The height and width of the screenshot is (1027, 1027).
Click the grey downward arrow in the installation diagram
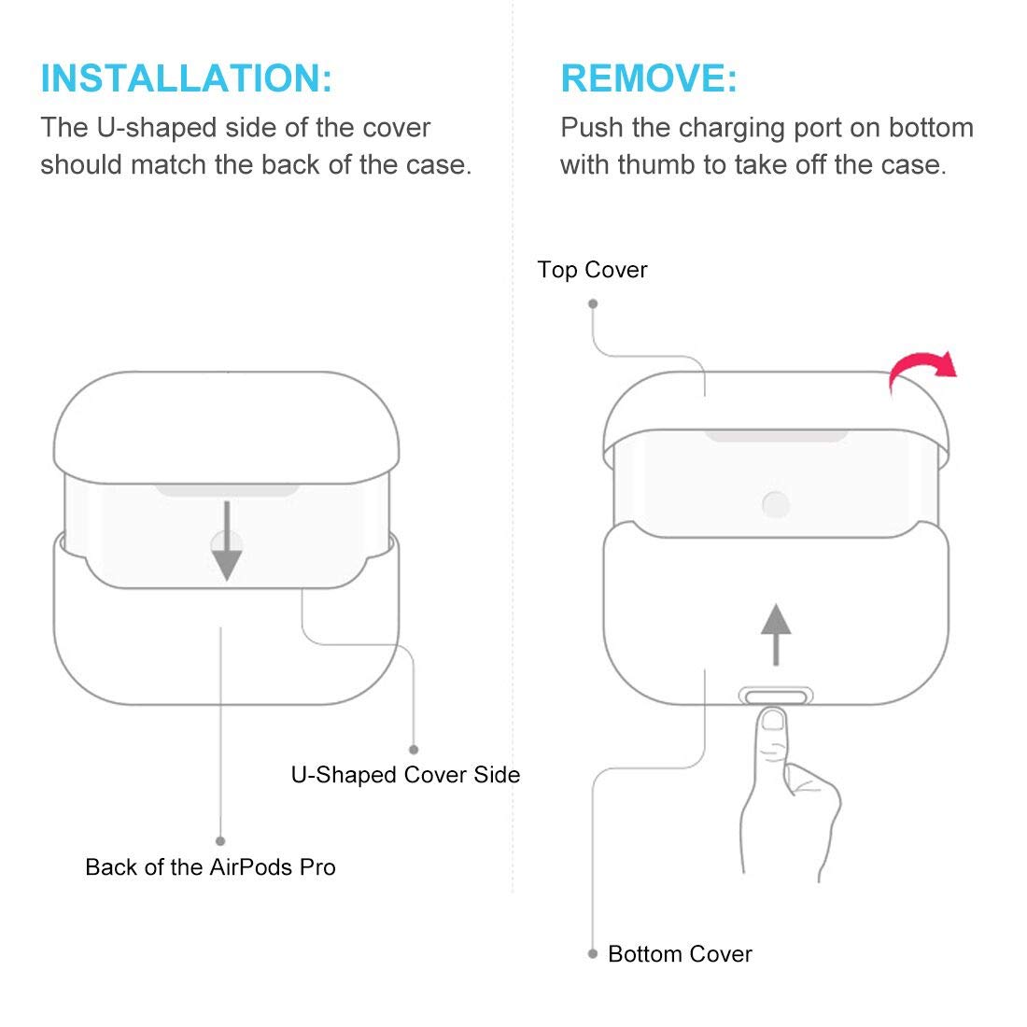coord(227,541)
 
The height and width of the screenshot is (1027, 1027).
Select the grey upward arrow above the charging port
coord(776,634)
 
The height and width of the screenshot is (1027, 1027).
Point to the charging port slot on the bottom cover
coord(776,696)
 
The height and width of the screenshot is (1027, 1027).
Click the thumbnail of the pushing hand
coord(773,721)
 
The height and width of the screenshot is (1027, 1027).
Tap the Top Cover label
coord(592,270)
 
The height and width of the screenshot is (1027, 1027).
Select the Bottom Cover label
coord(680,953)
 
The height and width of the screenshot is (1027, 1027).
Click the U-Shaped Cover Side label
coord(405,775)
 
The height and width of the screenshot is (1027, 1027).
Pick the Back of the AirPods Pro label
coord(210,867)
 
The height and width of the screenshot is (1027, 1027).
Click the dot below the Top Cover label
coord(593,304)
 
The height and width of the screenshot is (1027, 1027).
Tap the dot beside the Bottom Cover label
coord(593,953)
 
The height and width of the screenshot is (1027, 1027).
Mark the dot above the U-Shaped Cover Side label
coord(414,750)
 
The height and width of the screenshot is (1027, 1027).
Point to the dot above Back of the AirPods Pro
coord(220,841)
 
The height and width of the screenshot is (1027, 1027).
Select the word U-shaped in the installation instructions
coord(157,128)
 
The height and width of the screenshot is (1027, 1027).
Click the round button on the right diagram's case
coord(776,504)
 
